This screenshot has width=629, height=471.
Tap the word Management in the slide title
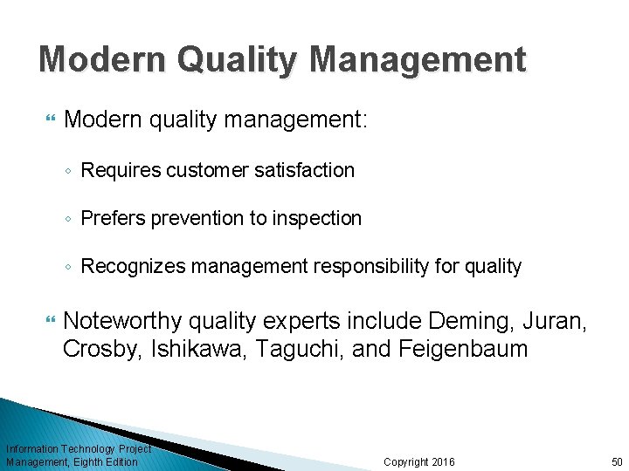(x=417, y=59)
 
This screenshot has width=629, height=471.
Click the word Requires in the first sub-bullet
(x=119, y=170)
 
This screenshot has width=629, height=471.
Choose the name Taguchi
(x=284, y=350)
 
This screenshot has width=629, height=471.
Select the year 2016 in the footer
(x=443, y=461)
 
